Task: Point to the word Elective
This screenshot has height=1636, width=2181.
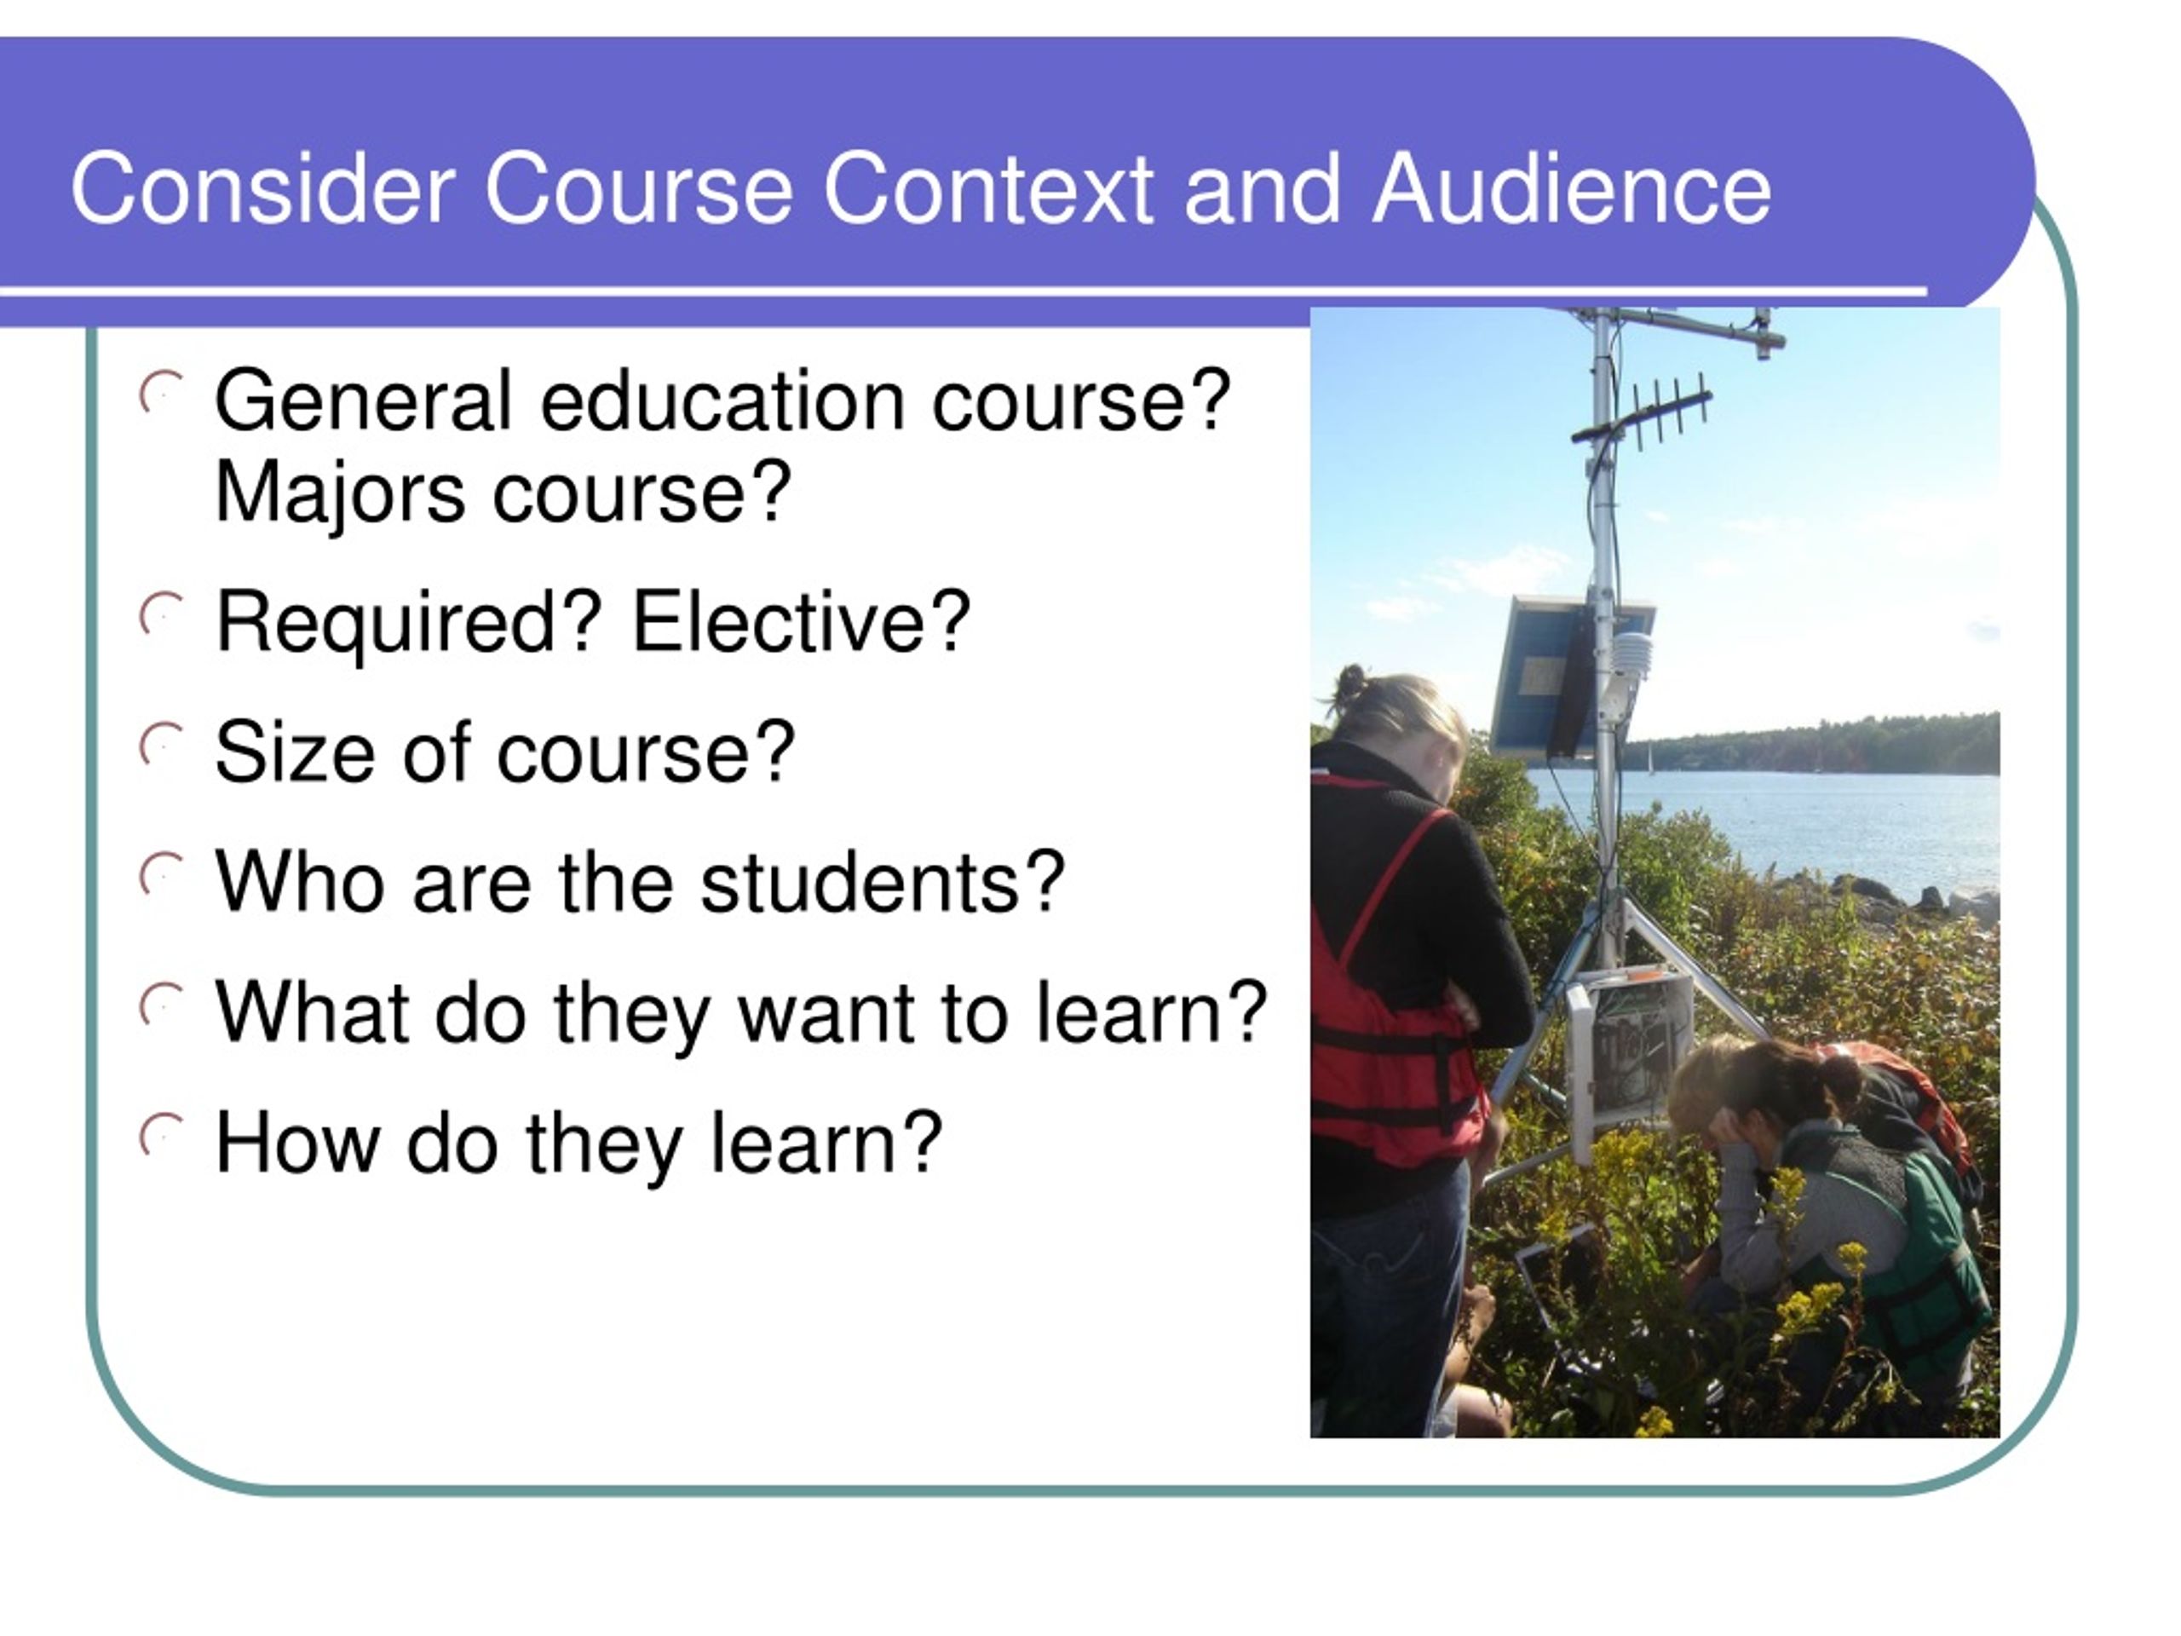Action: [801, 621]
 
